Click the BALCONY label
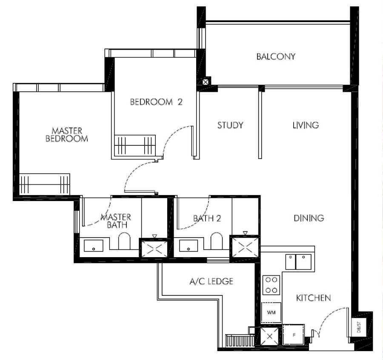[x=276, y=57]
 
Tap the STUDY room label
[x=230, y=125]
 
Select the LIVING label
[x=306, y=125]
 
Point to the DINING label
[x=309, y=218]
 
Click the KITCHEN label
[x=314, y=298]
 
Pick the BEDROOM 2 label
[x=156, y=102]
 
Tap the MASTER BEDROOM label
[x=67, y=135]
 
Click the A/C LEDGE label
[x=211, y=281]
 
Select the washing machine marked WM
[x=271, y=312]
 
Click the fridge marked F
[x=294, y=334]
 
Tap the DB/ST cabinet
[x=358, y=327]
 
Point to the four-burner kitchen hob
[x=271, y=285]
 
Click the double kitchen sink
[x=298, y=262]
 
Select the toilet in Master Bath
[x=124, y=241]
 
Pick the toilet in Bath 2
[x=217, y=241]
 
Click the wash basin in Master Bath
[x=94, y=245]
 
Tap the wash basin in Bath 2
[x=189, y=245]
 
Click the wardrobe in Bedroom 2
[x=135, y=145]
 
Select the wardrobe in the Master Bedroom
[x=44, y=184]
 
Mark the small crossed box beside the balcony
[x=206, y=82]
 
